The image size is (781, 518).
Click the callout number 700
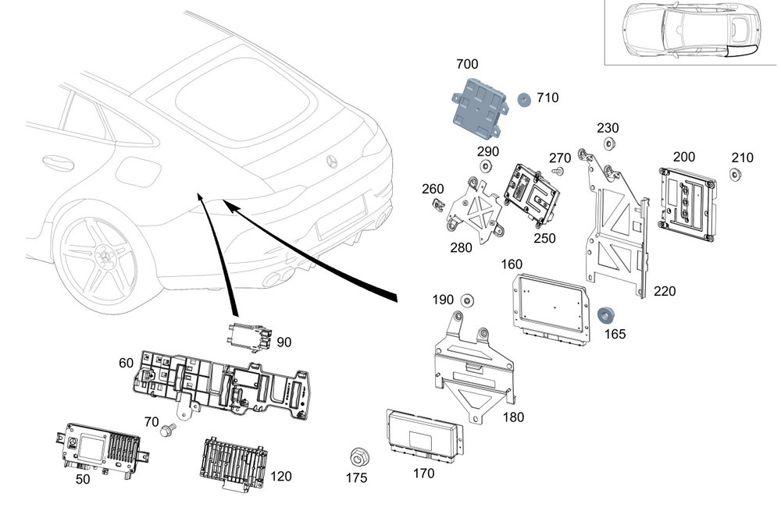click(467, 64)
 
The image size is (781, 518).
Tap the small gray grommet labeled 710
click(523, 99)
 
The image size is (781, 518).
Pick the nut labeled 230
click(608, 143)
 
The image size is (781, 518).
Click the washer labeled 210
click(736, 174)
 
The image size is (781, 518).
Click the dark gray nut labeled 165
click(604, 315)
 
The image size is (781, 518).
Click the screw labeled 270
click(558, 170)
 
